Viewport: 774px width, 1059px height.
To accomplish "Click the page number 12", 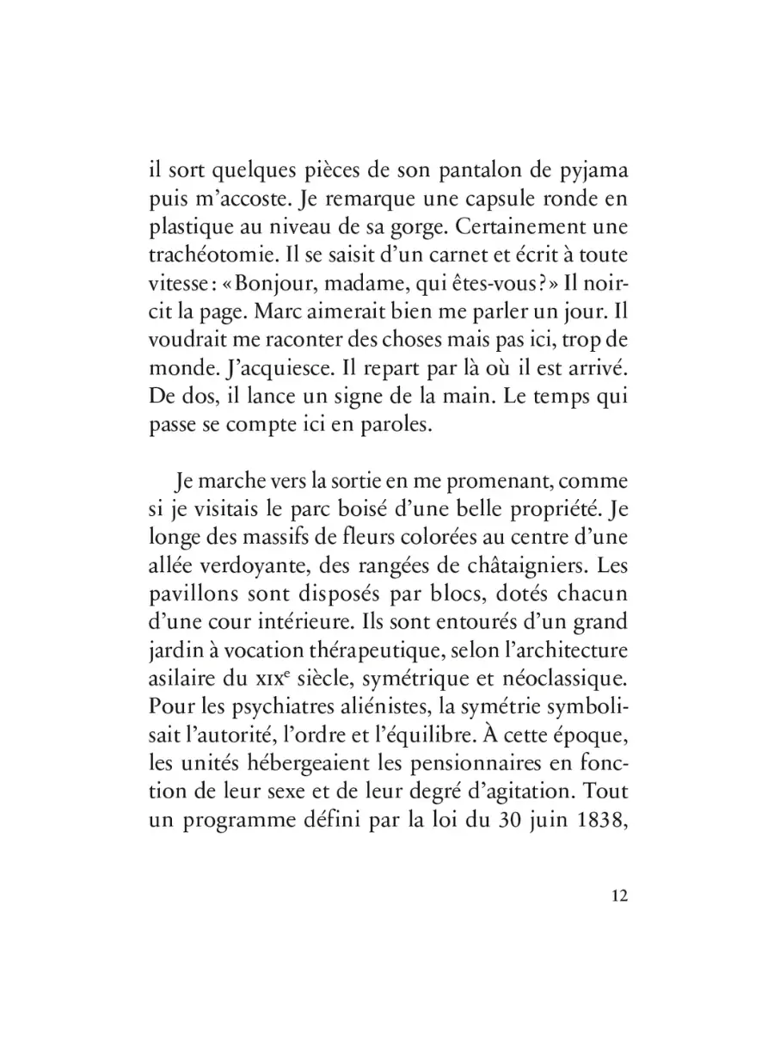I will (x=619, y=895).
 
